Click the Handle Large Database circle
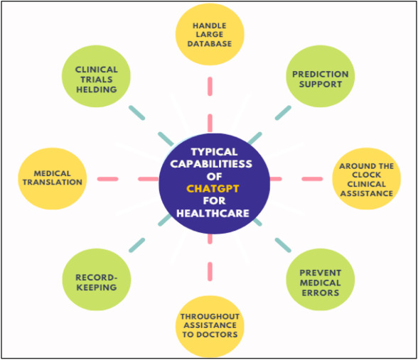click(x=210, y=34)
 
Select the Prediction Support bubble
click(x=320, y=79)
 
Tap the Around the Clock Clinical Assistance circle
click(x=366, y=179)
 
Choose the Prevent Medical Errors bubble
click(x=320, y=282)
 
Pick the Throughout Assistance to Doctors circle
click(x=210, y=325)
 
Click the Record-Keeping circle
click(x=96, y=282)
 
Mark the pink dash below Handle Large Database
click(x=210, y=86)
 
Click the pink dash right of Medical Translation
click(x=107, y=178)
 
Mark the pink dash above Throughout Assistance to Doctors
click(x=210, y=270)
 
